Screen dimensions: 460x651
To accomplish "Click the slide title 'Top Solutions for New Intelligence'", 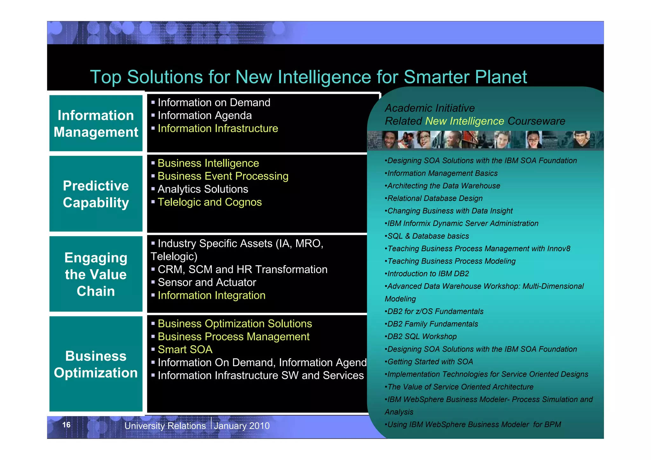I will coord(308,77).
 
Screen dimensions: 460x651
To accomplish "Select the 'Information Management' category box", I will coord(96,123).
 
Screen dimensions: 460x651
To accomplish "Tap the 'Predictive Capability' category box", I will coord(96,194).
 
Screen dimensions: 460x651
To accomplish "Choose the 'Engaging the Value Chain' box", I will coord(96,274).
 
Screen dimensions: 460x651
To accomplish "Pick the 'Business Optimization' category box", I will coord(96,364).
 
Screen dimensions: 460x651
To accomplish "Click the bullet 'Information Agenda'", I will coord(205,115).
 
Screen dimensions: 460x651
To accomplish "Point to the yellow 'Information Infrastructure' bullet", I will coord(218,128).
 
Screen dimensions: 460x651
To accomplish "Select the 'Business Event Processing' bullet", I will coord(223,176).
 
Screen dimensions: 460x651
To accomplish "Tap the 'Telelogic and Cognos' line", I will coord(209,202).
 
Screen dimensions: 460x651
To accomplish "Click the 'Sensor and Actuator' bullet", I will coord(207,282).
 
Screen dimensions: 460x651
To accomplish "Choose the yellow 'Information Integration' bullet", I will coord(211,295).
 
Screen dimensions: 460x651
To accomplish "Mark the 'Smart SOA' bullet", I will coord(185,349).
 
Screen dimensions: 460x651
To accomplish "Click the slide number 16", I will coord(66,425).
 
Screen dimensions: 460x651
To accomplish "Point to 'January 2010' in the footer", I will coord(242,426).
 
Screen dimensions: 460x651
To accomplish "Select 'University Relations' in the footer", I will coord(165,426).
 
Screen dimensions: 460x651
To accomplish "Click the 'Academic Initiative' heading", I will coord(430,108).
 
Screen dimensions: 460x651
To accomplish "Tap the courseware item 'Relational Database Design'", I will coord(435,198).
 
